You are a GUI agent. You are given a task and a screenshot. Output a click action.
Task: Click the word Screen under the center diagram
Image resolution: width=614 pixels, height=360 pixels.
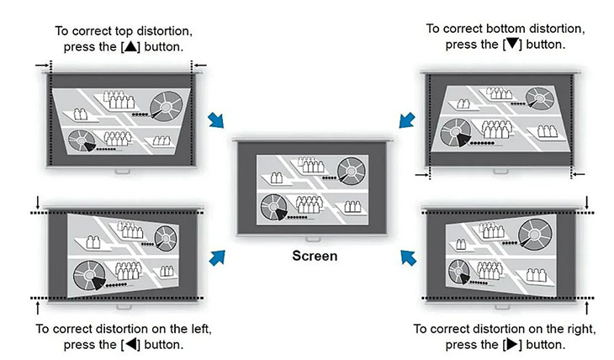pyautogui.click(x=315, y=256)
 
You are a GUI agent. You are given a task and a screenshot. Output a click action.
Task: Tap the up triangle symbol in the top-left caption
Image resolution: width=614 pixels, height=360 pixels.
pyautogui.click(x=130, y=46)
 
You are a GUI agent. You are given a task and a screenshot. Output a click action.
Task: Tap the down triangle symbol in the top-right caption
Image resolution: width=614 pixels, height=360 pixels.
pyautogui.click(x=512, y=44)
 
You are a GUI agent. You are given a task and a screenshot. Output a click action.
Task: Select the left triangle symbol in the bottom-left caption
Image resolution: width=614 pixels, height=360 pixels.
pyautogui.click(x=130, y=344)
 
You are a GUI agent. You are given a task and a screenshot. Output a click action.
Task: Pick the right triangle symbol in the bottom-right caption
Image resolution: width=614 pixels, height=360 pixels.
pyautogui.click(x=512, y=344)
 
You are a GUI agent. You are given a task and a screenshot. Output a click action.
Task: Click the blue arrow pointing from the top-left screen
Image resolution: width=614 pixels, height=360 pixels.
pyautogui.click(x=216, y=120)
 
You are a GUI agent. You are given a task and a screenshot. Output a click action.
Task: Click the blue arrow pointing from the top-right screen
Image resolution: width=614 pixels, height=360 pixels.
pyautogui.click(x=407, y=120)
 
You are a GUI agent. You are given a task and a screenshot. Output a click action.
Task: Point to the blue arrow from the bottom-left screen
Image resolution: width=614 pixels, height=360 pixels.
pyautogui.click(x=217, y=257)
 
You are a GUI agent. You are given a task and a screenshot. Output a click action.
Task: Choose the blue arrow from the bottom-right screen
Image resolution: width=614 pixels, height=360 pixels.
pyautogui.click(x=409, y=258)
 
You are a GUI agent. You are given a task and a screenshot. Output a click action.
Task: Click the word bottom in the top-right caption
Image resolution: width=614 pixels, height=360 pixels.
pyautogui.click(x=504, y=29)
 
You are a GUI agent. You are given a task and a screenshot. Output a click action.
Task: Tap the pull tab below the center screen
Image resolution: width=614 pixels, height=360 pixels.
pyautogui.click(x=313, y=239)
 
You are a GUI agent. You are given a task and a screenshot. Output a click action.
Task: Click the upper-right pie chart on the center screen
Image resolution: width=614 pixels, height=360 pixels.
pyautogui.click(x=352, y=171)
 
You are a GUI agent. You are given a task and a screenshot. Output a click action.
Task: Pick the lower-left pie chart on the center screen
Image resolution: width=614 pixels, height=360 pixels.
pyautogui.click(x=274, y=207)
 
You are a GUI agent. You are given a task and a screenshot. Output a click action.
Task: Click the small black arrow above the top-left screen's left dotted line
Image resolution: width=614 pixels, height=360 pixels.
pyautogui.click(x=42, y=65)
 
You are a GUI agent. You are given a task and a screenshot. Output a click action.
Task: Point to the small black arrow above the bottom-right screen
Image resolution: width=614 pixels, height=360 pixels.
pyautogui.click(x=586, y=203)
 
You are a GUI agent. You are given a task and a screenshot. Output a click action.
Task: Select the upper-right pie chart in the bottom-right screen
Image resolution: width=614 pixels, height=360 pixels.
pyautogui.click(x=535, y=235)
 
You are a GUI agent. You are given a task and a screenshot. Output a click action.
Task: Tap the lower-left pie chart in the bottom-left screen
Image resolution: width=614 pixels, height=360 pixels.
pyautogui.click(x=90, y=275)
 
